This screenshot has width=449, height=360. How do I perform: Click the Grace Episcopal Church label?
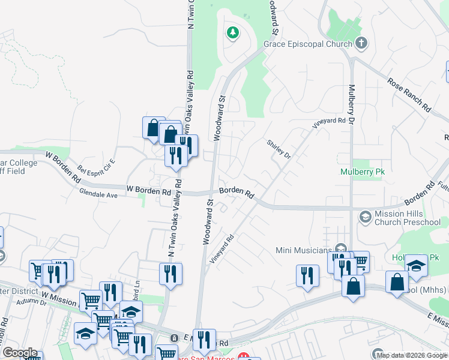[308, 44]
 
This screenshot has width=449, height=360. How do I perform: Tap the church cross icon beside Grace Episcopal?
[361, 43]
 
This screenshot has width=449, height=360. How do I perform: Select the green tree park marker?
[232, 32]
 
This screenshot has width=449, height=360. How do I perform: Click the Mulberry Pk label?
[362, 172]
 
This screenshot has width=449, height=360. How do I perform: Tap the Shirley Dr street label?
[279, 148]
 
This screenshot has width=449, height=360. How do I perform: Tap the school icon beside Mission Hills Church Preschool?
[364, 215]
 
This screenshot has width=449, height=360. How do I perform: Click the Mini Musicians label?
[304, 250]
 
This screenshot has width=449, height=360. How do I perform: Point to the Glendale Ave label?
[98, 194]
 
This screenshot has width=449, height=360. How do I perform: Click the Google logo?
[19, 353]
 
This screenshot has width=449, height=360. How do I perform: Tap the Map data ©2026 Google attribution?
[412, 355]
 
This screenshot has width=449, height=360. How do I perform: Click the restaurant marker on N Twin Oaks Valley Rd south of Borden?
[170, 274]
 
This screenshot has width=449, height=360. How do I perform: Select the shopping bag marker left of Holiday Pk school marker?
[397, 282]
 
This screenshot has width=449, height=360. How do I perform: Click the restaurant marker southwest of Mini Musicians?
[307, 276]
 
